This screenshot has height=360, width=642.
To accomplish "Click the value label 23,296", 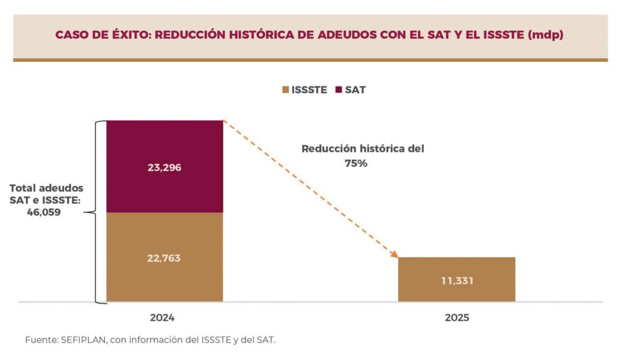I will tap(164, 168).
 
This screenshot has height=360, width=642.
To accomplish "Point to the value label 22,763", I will tap(164, 258).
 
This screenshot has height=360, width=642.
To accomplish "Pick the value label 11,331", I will tap(456, 281).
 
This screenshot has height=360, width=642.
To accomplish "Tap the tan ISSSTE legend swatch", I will tap(285, 90).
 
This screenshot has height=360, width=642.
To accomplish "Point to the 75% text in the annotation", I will tap(356, 163).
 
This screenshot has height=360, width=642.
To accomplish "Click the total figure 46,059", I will tap(43, 212).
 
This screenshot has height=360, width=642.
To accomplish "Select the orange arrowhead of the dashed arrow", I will tap(394, 254).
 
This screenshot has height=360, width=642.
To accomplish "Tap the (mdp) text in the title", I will tap(545, 35).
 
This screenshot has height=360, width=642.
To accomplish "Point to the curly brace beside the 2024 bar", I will tap(96, 212).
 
